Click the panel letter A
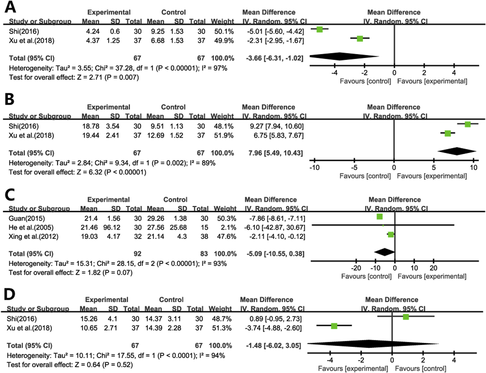[10, 7]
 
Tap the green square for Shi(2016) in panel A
[320, 29]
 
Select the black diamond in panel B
[457, 151]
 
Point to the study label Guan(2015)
[27, 218]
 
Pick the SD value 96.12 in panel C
[112, 227]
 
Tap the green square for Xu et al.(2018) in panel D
[334, 326]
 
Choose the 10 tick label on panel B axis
[473, 167]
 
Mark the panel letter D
[10, 294]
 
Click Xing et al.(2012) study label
[33, 237]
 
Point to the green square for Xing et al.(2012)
[391, 235]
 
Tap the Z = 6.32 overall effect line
[77, 172]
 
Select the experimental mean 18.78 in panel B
[91, 126]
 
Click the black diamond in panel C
[385, 252]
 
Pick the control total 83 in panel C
[204, 254]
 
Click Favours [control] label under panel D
[420, 369]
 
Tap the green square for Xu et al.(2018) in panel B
[448, 133]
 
